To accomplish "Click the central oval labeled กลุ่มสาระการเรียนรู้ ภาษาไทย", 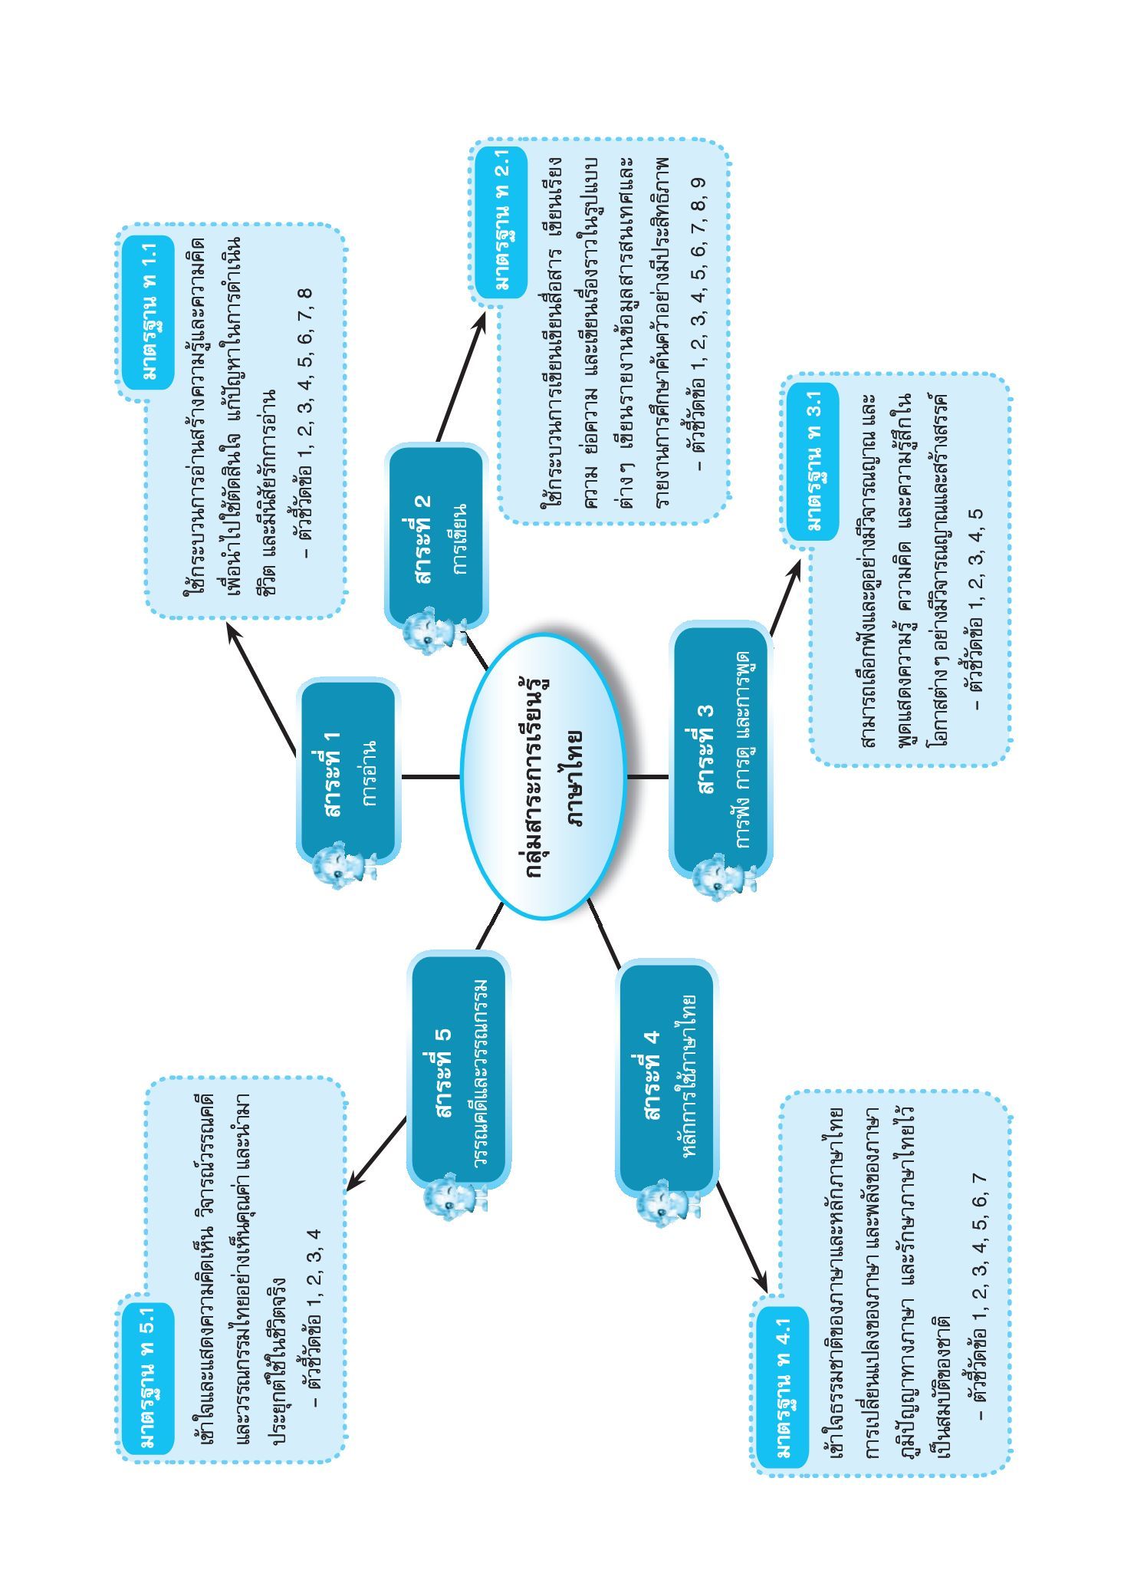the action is [x=543, y=776].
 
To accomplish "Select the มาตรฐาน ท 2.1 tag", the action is [x=501, y=222].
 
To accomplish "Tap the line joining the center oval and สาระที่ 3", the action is [x=648, y=777].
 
